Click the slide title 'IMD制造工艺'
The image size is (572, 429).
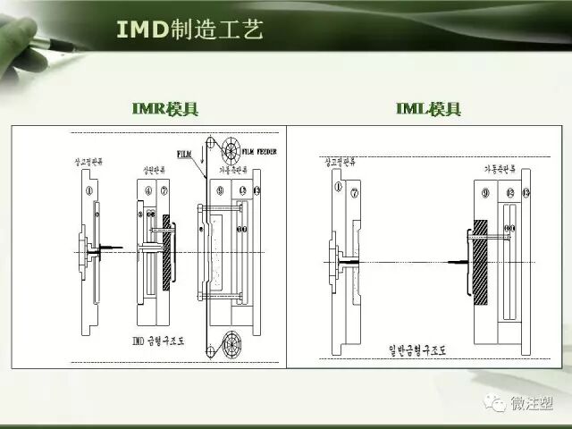(189, 29)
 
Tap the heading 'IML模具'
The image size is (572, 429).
(428, 109)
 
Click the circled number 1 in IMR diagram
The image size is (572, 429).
(88, 189)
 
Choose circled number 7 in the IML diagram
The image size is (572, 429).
(355, 189)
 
